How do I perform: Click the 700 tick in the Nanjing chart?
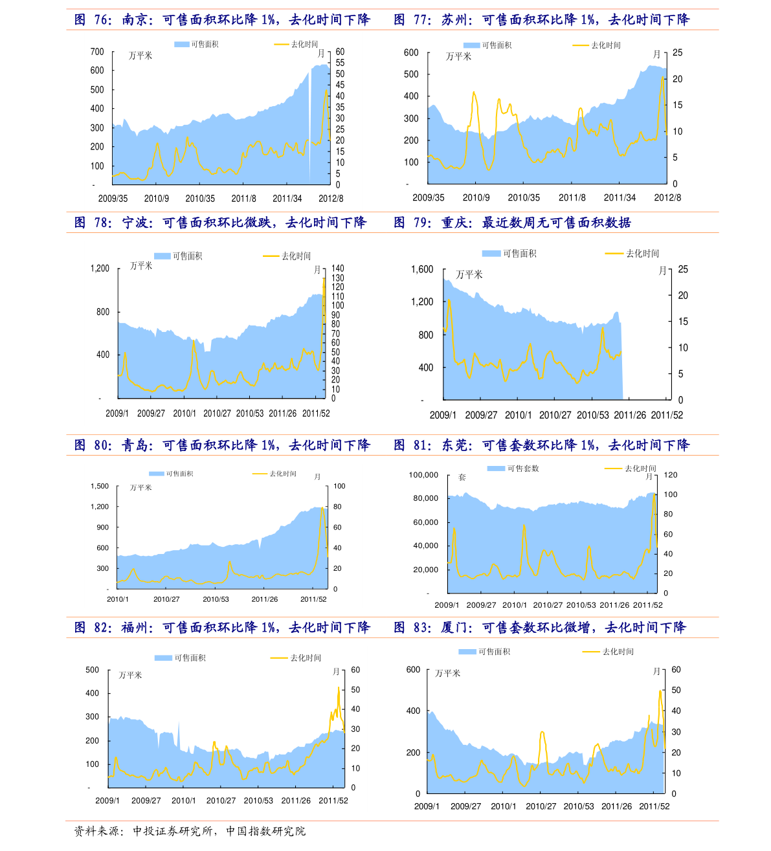(x=97, y=52)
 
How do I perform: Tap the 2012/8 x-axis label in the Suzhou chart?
(x=667, y=197)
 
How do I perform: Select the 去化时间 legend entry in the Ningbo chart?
(x=296, y=256)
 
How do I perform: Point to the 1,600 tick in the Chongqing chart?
(x=422, y=269)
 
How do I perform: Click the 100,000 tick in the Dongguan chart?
(x=423, y=475)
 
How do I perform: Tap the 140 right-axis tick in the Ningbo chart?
(x=338, y=268)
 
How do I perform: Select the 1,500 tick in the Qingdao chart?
(x=100, y=486)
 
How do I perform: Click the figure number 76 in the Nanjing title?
(x=103, y=20)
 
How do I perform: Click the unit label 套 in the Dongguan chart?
(x=462, y=478)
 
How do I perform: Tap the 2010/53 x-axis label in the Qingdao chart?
(x=216, y=599)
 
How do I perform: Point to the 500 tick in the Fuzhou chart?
(x=93, y=670)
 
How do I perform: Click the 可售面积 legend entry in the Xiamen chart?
(x=494, y=652)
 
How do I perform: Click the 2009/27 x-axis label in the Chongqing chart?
(x=481, y=415)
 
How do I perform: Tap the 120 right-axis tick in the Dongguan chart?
(x=671, y=475)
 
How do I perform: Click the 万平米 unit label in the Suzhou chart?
(x=458, y=57)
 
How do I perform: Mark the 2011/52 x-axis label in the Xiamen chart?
(x=654, y=806)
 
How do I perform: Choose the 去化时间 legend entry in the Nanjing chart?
(x=304, y=45)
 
